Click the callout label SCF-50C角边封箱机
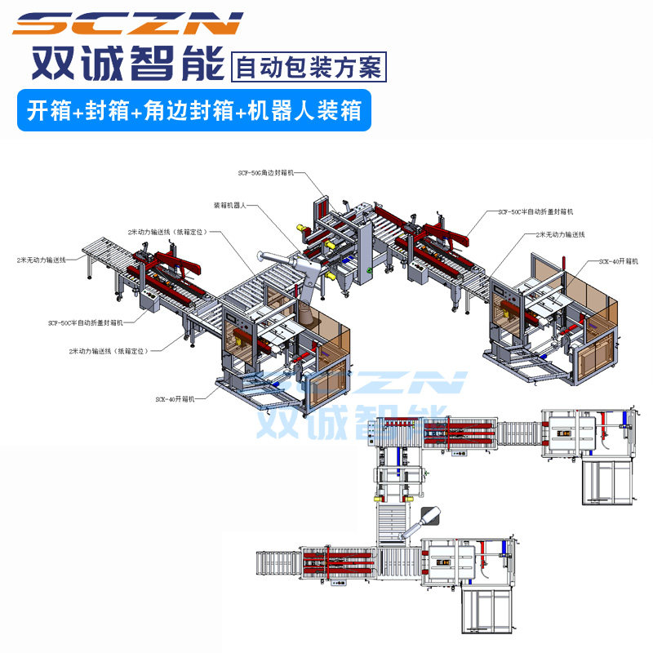click(x=267, y=174)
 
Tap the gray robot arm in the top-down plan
click(x=425, y=522)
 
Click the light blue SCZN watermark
click(x=384, y=384)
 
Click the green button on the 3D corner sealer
click(x=369, y=269)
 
